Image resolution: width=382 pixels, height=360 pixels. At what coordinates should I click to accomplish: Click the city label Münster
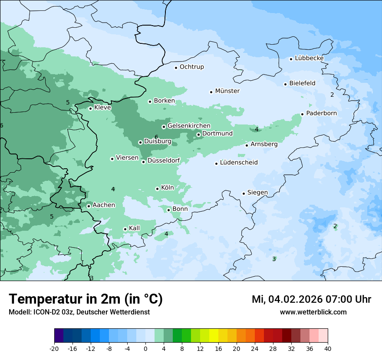point(227,91)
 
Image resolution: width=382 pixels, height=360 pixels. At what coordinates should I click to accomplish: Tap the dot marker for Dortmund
point(198,134)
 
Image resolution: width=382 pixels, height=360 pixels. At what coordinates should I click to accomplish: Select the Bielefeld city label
point(302,83)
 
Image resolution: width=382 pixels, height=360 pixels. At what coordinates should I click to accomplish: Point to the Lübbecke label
point(309,58)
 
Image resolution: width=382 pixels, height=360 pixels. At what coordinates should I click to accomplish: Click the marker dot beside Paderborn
point(302,115)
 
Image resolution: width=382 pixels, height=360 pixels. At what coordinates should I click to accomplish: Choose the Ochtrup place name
point(191,67)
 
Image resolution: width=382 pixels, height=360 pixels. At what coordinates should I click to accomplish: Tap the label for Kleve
point(102,108)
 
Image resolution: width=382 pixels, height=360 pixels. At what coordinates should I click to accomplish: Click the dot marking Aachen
point(89,206)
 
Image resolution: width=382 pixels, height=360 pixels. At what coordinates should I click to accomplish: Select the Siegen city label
point(257,193)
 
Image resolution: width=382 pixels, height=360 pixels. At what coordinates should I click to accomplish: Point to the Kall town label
point(134,229)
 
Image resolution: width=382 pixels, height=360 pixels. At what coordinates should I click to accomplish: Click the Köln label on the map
point(167,188)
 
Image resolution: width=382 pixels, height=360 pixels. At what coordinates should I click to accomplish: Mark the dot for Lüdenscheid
point(216,164)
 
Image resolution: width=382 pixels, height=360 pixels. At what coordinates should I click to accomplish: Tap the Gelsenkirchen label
point(189,126)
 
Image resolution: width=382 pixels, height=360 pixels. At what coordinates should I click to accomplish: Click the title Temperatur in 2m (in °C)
point(86,299)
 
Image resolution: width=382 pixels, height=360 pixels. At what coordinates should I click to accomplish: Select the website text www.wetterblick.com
point(313,312)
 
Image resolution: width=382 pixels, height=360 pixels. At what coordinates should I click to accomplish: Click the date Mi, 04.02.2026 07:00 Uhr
point(311,299)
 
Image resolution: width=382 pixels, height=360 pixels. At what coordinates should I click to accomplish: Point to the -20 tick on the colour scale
point(54,349)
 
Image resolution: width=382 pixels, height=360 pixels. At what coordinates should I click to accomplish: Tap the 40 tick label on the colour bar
point(328,349)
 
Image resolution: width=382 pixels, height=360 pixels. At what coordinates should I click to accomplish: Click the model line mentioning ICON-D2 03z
point(79,312)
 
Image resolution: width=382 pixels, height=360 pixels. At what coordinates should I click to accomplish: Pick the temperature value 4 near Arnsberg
point(257,129)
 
